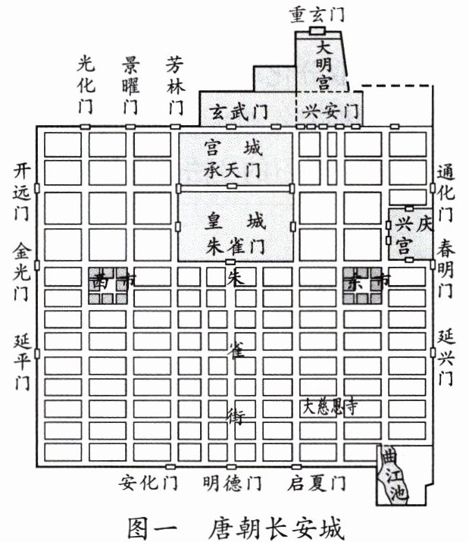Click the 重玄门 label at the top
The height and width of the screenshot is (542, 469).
click(317, 13)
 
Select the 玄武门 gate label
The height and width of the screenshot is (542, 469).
click(239, 111)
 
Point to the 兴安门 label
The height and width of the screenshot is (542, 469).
click(330, 111)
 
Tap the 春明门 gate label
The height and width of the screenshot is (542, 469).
click(445, 271)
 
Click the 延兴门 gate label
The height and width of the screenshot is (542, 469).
click(445, 352)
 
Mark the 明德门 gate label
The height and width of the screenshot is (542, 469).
click(233, 482)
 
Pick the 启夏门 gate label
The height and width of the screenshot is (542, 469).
click(317, 482)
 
